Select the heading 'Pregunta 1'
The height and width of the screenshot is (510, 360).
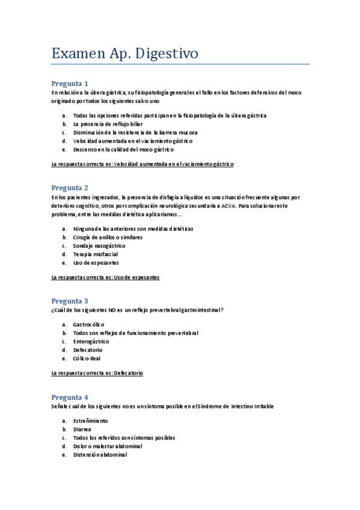pyautogui.click(x=70, y=84)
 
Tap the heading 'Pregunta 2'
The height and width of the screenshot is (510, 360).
pyautogui.click(x=70, y=188)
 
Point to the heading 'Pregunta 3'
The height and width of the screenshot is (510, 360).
pyautogui.click(x=70, y=301)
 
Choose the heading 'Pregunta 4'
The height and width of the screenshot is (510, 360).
pyautogui.click(x=70, y=397)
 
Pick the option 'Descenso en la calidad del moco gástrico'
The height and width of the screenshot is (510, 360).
pyautogui.click(x=123, y=149)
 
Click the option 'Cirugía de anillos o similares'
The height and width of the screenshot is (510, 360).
pyautogui.click(x=108, y=237)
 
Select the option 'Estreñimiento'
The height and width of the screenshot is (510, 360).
pyautogui.click(x=91, y=420)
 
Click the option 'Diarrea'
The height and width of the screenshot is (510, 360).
pyautogui.click(x=82, y=429)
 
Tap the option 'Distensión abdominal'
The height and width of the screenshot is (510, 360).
pyautogui.click(x=100, y=455)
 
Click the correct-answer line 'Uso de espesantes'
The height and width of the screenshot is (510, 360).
pyautogui.click(x=105, y=277)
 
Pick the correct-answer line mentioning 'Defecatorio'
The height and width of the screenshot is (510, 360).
pyautogui.click(x=97, y=373)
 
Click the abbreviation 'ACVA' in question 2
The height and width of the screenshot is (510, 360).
pyautogui.click(x=228, y=206)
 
